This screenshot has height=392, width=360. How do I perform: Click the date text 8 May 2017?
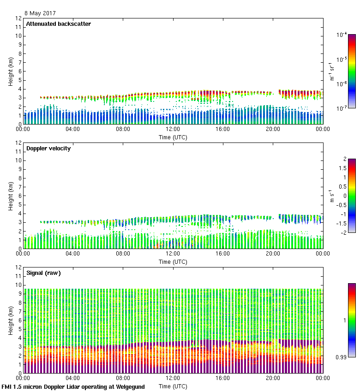(x=40, y=13)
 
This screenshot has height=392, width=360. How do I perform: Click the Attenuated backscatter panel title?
(x=58, y=24)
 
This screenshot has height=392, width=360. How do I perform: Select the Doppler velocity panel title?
(x=48, y=148)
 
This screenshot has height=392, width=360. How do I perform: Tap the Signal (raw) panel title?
(x=43, y=273)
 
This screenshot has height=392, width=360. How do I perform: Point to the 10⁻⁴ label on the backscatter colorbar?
(x=342, y=35)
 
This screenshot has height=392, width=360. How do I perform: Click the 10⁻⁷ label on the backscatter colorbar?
(x=342, y=109)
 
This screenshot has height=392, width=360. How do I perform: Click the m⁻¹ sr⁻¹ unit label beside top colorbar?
(x=331, y=71)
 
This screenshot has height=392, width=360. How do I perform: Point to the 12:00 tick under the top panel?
(x=173, y=130)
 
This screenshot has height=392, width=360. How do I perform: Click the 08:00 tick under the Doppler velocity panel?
(x=123, y=254)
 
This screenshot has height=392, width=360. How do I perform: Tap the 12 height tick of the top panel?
(x=19, y=18)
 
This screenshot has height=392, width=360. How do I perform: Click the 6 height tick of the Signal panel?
(x=20, y=321)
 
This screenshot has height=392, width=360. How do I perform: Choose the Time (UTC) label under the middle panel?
(x=173, y=261)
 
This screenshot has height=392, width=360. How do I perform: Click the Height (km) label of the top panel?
(x=11, y=71)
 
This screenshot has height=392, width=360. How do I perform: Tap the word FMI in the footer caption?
(x=7, y=387)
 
